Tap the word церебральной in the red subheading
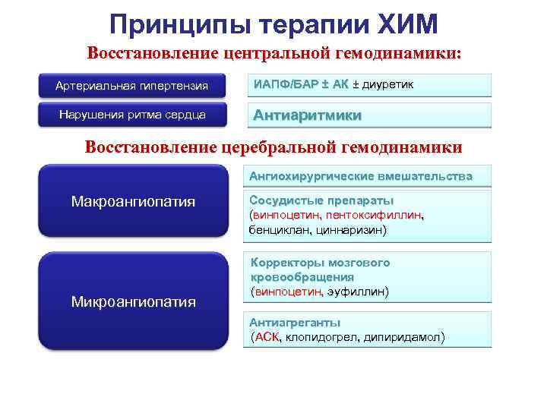(261, 146)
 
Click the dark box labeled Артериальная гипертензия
(131, 85)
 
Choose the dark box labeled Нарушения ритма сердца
(131, 115)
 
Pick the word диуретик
(384, 84)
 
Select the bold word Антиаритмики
(307, 115)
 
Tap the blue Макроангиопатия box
(133, 202)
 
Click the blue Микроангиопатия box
(133, 301)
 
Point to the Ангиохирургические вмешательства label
(361, 176)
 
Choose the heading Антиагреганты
(295, 323)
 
